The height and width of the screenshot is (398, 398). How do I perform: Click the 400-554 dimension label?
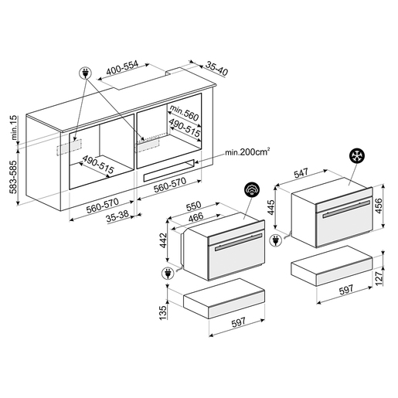coord(122,67)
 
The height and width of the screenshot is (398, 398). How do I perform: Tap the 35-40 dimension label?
coord(216,69)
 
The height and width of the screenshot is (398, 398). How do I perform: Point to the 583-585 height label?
coord(13,177)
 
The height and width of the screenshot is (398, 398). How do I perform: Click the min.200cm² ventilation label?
coord(247,151)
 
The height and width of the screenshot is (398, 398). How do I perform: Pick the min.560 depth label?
coord(184,113)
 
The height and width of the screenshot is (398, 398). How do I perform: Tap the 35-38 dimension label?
coord(117,216)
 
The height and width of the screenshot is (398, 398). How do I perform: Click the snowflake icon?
coord(357,156)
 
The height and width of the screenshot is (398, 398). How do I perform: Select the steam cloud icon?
coord(252,190)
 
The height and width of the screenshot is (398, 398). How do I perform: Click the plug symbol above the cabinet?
coord(85,73)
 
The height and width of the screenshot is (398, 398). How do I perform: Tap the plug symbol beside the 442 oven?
coord(168,274)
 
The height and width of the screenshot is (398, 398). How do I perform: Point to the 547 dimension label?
coord(301,173)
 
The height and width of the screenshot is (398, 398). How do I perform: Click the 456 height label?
coord(379,206)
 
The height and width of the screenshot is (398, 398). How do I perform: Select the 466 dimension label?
coord(196,217)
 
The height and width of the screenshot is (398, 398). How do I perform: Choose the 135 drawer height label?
coord(163,312)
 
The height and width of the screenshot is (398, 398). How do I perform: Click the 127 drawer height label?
coord(379,278)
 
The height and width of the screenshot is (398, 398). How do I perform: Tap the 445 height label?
coord(271,207)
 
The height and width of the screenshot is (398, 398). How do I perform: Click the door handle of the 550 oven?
coord(238,242)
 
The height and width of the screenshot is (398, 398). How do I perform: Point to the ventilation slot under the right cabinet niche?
coord(168,171)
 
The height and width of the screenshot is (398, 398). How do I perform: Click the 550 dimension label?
coord(193,206)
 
